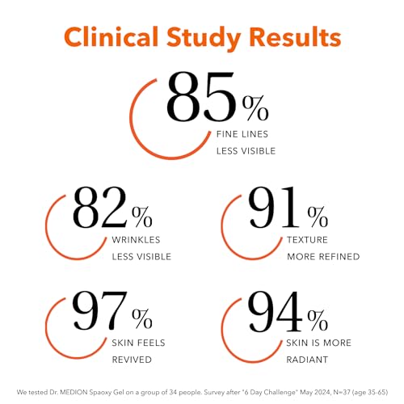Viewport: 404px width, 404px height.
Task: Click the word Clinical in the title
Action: (x=112, y=37)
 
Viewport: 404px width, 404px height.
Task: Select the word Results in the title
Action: (x=295, y=37)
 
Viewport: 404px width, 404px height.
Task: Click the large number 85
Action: (x=201, y=96)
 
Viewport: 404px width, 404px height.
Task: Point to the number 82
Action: (x=99, y=208)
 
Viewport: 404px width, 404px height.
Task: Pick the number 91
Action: (x=274, y=208)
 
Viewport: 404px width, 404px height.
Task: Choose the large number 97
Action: (x=100, y=310)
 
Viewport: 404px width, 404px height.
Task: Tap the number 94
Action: (x=275, y=311)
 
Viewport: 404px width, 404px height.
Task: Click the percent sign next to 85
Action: (x=255, y=108)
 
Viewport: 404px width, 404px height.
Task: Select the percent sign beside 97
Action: (x=142, y=318)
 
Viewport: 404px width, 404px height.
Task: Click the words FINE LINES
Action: (x=242, y=134)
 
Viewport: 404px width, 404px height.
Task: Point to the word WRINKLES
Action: (x=136, y=240)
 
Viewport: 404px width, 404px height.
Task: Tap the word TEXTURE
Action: (x=307, y=240)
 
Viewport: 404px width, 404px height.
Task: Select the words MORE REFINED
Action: (x=323, y=256)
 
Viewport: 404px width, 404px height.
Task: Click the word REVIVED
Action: (x=132, y=360)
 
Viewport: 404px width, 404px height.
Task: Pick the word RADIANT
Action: (x=307, y=360)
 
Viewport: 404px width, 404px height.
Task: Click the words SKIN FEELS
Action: (x=138, y=343)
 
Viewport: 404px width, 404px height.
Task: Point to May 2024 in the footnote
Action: (x=314, y=393)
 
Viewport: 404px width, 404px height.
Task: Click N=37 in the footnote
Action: (x=342, y=393)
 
